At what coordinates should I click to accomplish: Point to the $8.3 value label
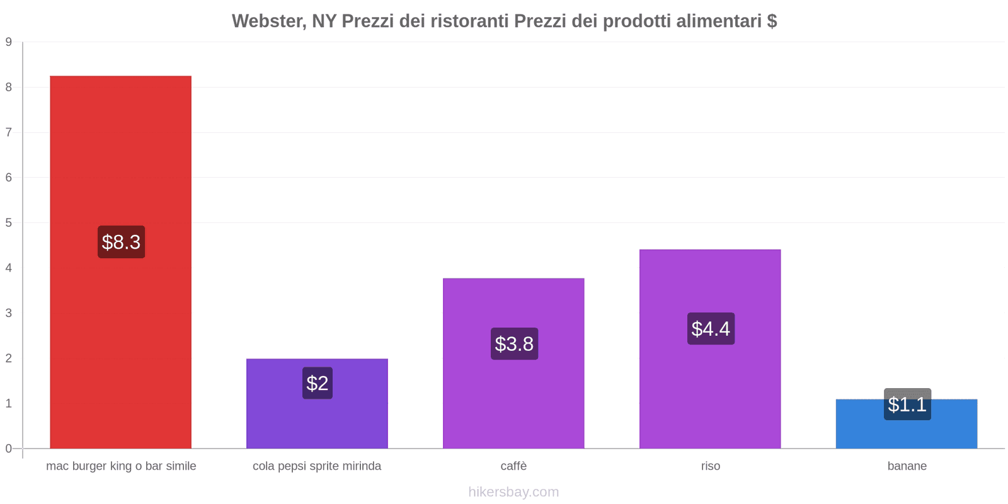pyautogui.click(x=121, y=242)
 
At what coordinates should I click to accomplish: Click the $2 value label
pyautogui.click(x=317, y=383)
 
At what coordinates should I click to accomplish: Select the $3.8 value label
pyautogui.click(x=514, y=344)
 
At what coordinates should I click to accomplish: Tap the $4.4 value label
pyautogui.click(x=711, y=329)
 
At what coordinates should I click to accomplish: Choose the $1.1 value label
pyautogui.click(x=907, y=404)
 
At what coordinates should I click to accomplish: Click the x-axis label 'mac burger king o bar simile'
pyautogui.click(x=121, y=466)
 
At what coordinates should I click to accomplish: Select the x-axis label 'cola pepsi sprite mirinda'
pyautogui.click(x=317, y=466)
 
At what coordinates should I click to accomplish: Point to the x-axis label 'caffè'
pyautogui.click(x=513, y=466)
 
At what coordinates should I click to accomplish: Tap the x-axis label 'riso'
pyautogui.click(x=710, y=466)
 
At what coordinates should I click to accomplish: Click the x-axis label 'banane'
pyautogui.click(x=907, y=466)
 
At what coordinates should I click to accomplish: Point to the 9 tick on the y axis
pyautogui.click(x=9, y=42)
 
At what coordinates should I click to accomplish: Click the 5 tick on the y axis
pyautogui.click(x=9, y=223)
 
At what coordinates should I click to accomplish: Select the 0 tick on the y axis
pyautogui.click(x=9, y=449)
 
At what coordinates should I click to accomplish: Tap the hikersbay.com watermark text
pyautogui.click(x=513, y=492)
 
